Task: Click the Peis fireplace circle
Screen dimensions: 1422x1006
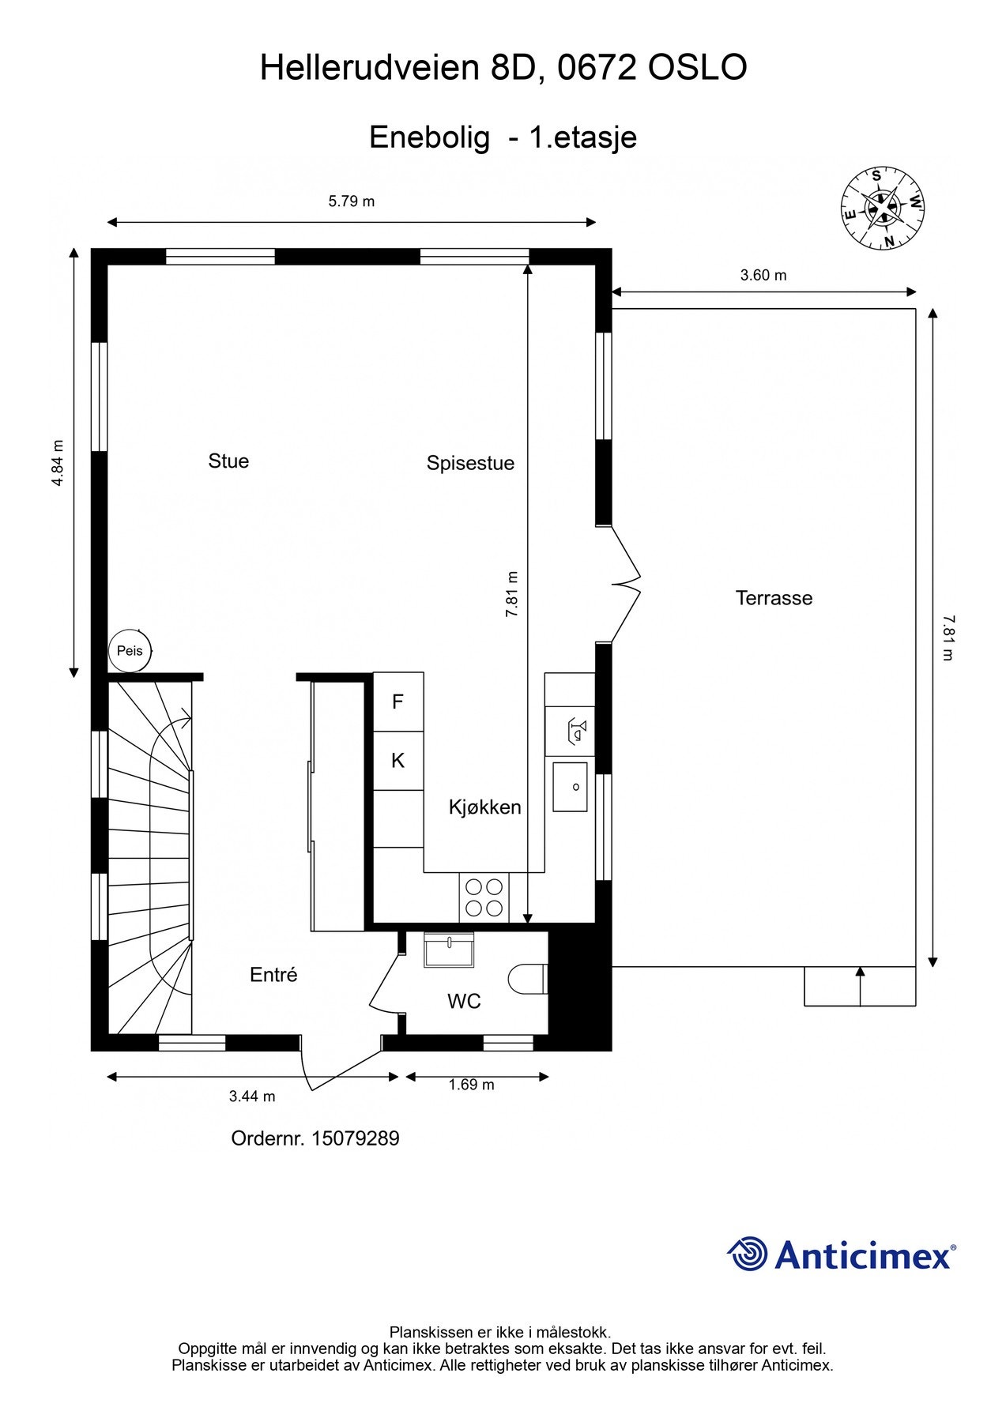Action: point(129,651)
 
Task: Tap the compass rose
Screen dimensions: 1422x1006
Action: point(882,209)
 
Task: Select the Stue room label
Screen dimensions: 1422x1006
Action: point(228,461)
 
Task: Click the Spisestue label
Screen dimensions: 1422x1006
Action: point(470,463)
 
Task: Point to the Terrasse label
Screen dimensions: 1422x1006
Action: point(774,598)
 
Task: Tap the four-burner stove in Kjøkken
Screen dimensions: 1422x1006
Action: point(484,897)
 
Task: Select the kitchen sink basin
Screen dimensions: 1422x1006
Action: point(570,787)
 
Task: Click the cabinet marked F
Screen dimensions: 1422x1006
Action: point(398,702)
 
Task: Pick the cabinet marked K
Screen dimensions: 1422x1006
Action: point(398,761)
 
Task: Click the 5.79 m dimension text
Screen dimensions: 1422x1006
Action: point(352,201)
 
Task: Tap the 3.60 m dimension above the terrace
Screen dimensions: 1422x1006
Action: point(763,276)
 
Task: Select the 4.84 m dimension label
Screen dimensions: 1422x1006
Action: point(57,462)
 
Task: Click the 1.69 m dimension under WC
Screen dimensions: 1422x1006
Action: point(471,1085)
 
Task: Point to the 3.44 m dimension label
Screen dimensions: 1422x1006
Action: point(252,1096)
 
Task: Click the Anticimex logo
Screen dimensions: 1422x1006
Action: point(841,1255)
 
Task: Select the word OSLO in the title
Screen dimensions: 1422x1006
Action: point(697,69)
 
